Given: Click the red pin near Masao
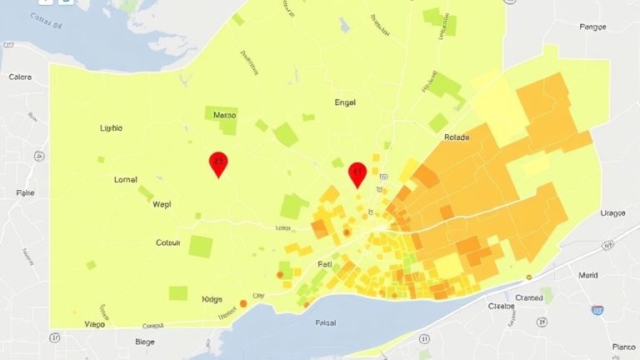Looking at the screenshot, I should click(x=217, y=163).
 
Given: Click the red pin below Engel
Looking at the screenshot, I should click(x=357, y=173).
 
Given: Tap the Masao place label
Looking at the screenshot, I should click(x=225, y=115).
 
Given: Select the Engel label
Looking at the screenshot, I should click(x=343, y=102).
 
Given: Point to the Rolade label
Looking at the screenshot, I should click(x=457, y=137).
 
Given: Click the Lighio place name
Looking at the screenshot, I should click(x=110, y=128).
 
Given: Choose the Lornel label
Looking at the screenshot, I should click(x=125, y=179).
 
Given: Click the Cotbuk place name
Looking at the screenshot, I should click(x=168, y=243).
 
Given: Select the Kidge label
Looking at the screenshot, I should click(x=212, y=298).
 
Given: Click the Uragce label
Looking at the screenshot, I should click(x=612, y=213).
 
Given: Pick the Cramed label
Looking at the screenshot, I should click(x=528, y=297).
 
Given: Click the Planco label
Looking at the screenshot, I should click(x=619, y=346).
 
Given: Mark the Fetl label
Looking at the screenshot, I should click(x=325, y=264).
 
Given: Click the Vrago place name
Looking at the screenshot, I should click(x=99, y=324).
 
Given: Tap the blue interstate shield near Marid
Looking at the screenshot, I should click(x=597, y=310).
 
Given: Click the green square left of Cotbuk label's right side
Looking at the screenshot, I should click(x=201, y=246).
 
